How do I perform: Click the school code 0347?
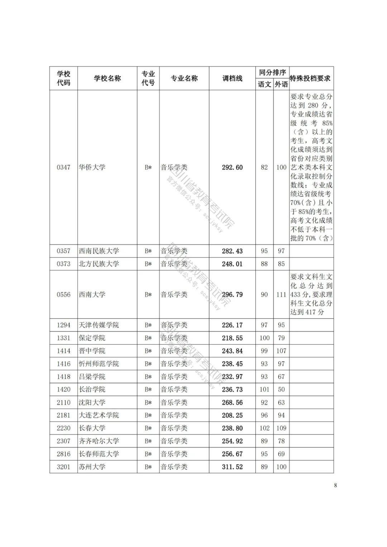point(63,167)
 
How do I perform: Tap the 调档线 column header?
point(232,78)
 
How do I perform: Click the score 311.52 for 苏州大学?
point(232,467)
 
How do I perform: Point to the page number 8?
point(335,485)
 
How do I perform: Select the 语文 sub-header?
point(264,85)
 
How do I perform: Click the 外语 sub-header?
point(281,85)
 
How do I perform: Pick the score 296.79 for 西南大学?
point(232,294)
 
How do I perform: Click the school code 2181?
point(63,415)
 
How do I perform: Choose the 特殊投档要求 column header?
point(310,78)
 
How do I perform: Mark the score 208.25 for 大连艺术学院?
point(232,415)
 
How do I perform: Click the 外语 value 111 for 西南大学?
point(281,294)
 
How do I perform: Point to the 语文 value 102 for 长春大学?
point(264,428)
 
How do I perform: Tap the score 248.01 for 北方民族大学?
point(232,264)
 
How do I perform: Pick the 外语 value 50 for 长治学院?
point(281,389)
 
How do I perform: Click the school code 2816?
point(63,454)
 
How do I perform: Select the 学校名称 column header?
point(107,78)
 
